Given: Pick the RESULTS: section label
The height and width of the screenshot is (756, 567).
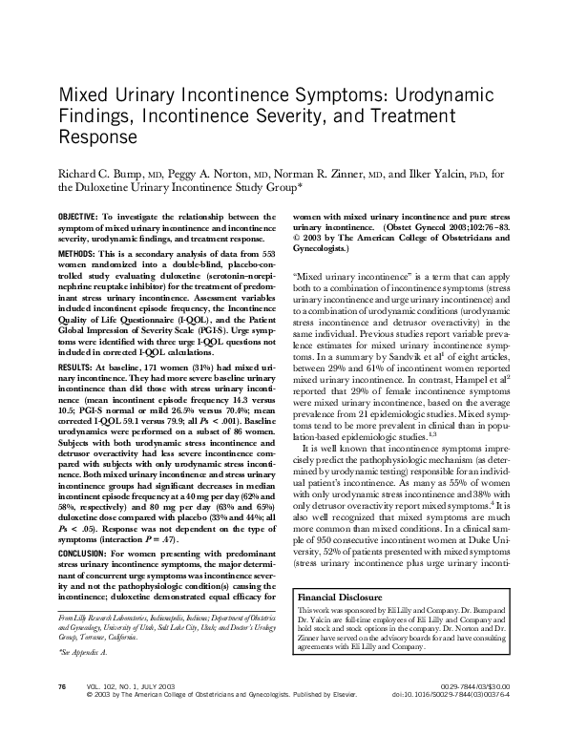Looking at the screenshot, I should pos(75,366).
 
